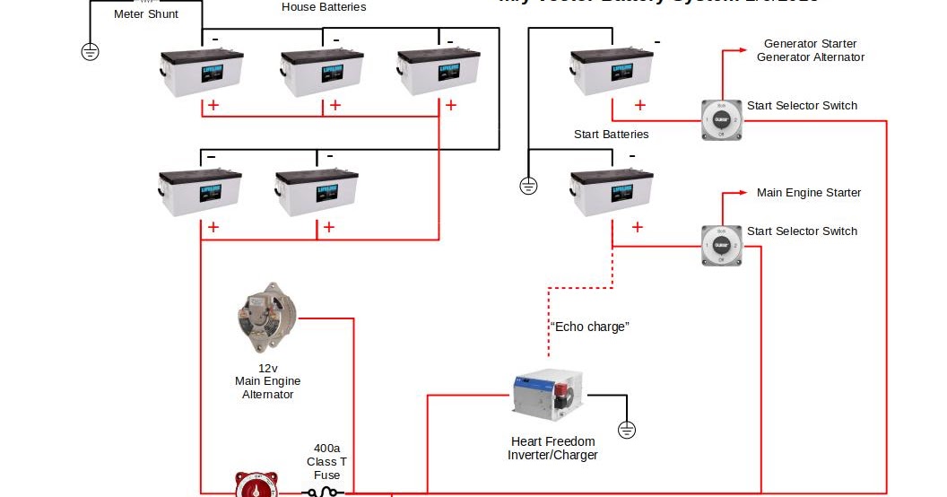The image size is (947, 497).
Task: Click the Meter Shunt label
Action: click(x=146, y=14)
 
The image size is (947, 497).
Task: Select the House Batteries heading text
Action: click(x=324, y=7)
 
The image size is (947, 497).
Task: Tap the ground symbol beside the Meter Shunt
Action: click(x=90, y=51)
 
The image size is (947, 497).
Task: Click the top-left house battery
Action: click(x=202, y=73)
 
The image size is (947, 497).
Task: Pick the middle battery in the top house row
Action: click(x=322, y=73)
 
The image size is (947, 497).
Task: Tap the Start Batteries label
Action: click(x=611, y=135)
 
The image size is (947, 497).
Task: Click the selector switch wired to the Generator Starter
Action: click(x=720, y=119)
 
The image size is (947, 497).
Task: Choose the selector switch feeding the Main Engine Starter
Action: click(x=720, y=245)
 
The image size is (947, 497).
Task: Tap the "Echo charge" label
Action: click(x=589, y=327)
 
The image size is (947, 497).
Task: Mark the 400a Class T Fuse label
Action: click(x=326, y=461)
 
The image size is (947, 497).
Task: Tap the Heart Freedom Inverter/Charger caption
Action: click(x=552, y=448)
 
